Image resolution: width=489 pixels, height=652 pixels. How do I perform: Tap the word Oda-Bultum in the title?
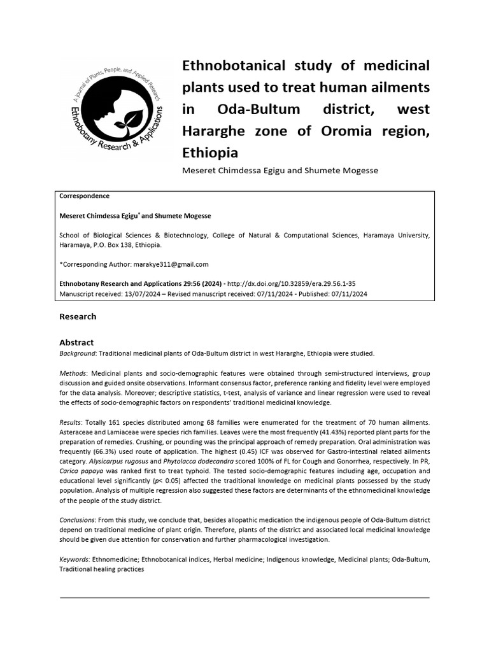(259, 109)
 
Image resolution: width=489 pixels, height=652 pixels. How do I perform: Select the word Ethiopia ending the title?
(210, 153)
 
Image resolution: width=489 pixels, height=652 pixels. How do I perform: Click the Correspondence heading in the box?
(84, 196)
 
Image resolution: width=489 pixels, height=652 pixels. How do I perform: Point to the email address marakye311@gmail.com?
(171, 264)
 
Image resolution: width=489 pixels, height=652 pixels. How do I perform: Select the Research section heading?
(78, 316)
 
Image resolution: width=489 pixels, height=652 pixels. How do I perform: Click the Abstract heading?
(76, 343)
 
